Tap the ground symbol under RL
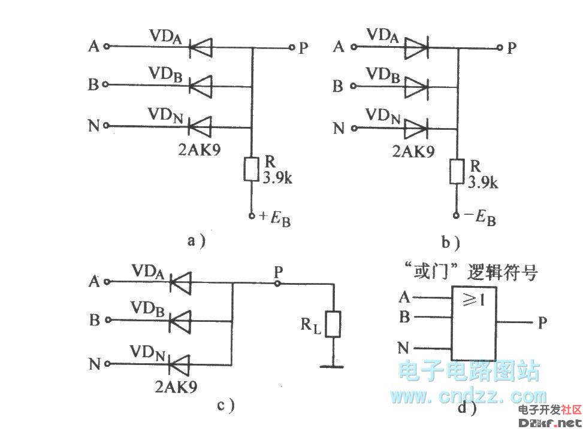(333, 364)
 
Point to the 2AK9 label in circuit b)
(414, 152)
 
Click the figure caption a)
(197, 241)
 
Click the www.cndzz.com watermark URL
(468, 395)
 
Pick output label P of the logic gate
(542, 324)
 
